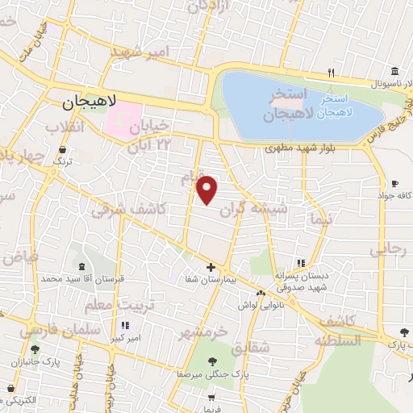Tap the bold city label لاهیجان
click(90, 102)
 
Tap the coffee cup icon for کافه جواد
click(394, 182)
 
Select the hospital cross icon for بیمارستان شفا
click(211, 267)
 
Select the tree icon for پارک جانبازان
click(35, 349)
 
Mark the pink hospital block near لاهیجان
click(122, 121)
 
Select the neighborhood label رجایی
click(390, 251)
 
